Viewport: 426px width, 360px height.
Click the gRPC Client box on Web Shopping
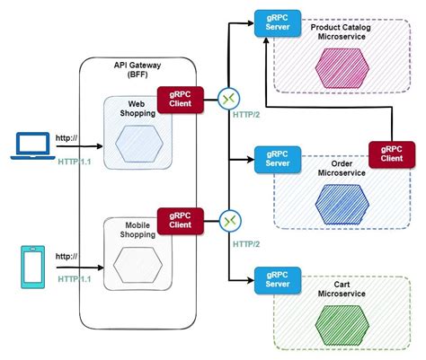coord(177,99)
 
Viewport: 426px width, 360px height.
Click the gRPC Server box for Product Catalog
coord(277,25)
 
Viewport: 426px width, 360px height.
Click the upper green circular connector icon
coord(229,99)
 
